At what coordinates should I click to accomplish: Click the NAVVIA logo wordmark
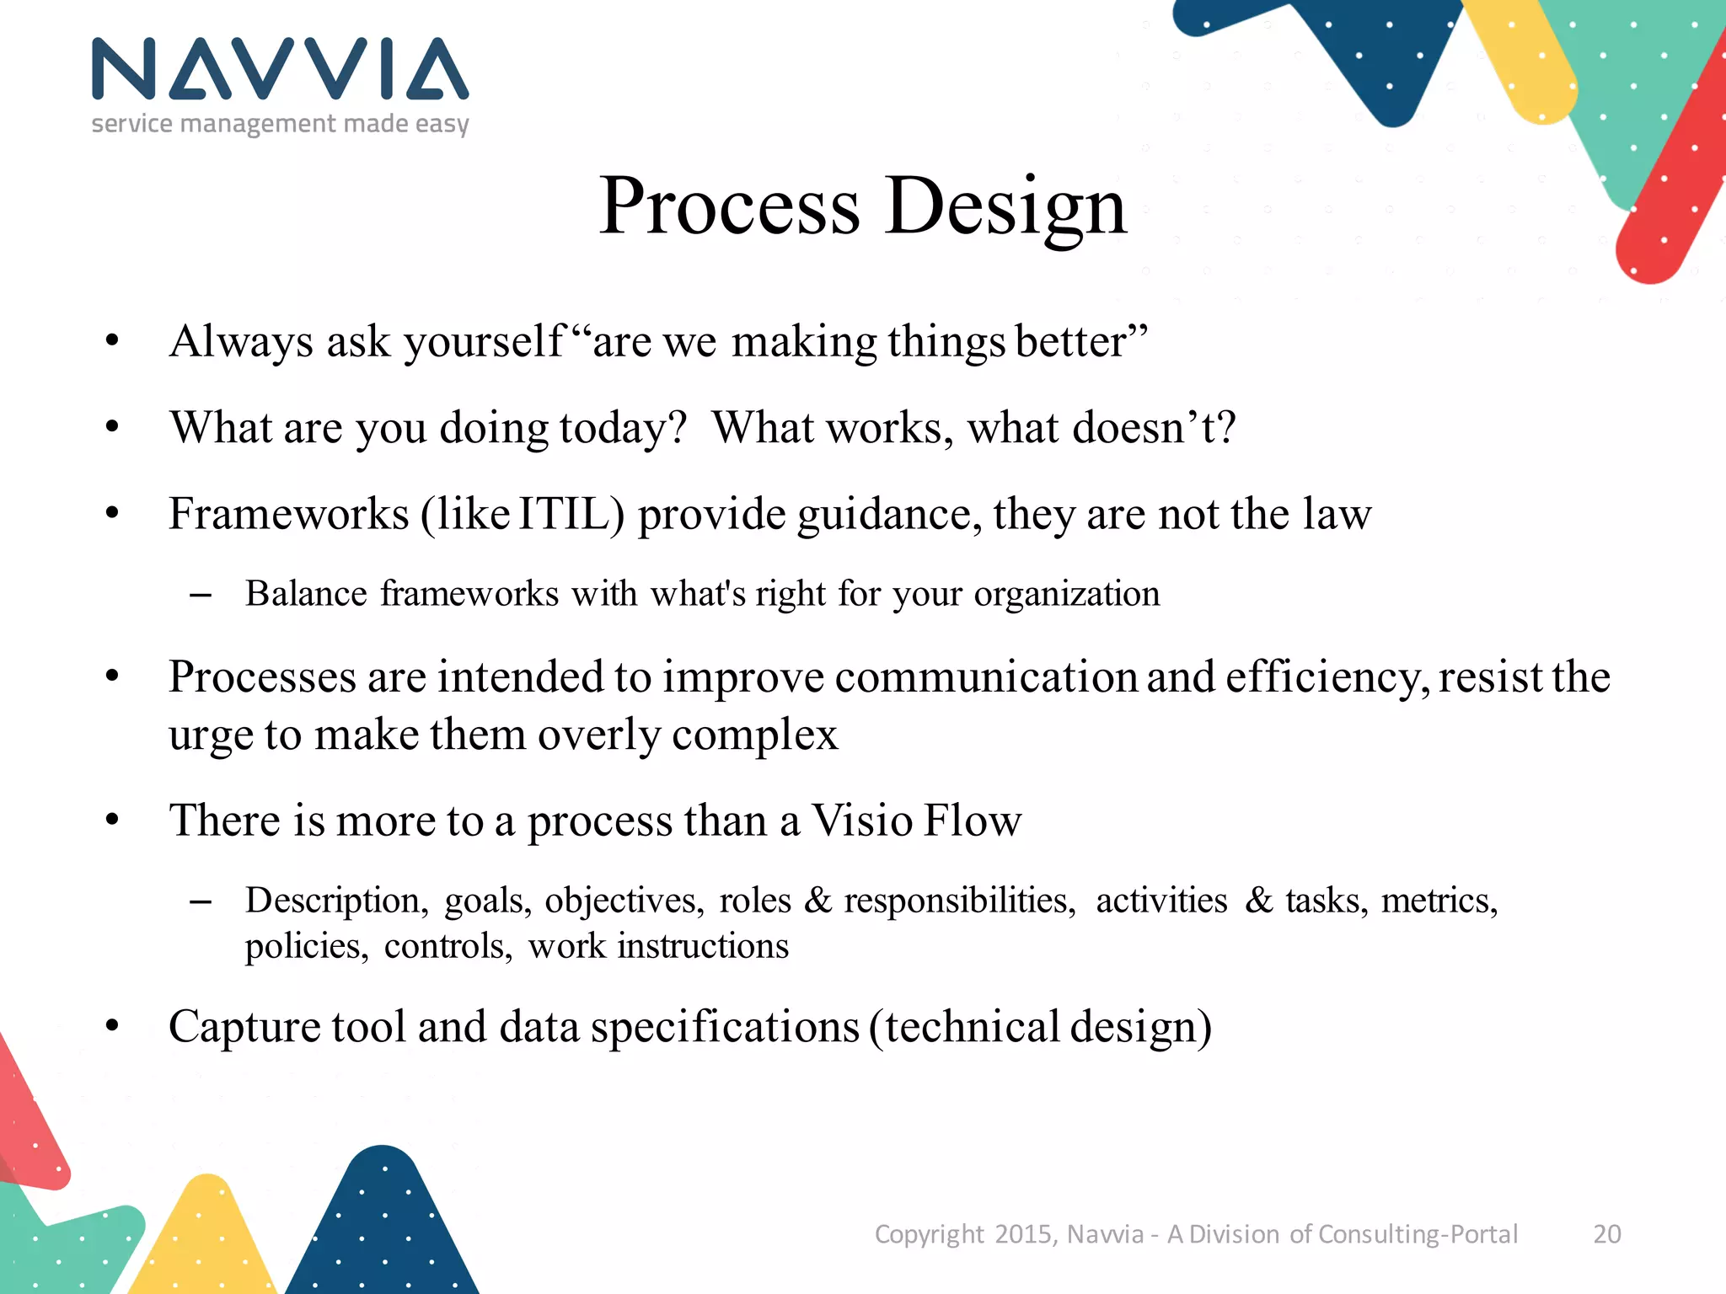tap(280, 69)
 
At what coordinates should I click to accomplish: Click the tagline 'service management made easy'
tap(280, 125)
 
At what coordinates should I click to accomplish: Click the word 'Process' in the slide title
tap(730, 207)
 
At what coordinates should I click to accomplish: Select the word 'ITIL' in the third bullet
tap(570, 514)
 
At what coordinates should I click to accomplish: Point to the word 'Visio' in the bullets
tap(861, 821)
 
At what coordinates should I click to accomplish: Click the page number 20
tap(1606, 1234)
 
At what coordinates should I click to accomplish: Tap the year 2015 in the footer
tap(1024, 1234)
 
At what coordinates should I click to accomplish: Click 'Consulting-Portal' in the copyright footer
tap(1418, 1234)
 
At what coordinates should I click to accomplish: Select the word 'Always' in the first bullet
tap(241, 342)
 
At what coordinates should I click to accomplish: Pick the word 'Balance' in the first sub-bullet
tap(306, 594)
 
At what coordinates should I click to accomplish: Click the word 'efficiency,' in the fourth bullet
tap(1327, 677)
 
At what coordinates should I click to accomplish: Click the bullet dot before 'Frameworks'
tap(113, 513)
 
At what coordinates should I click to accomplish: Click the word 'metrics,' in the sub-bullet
tap(1439, 901)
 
